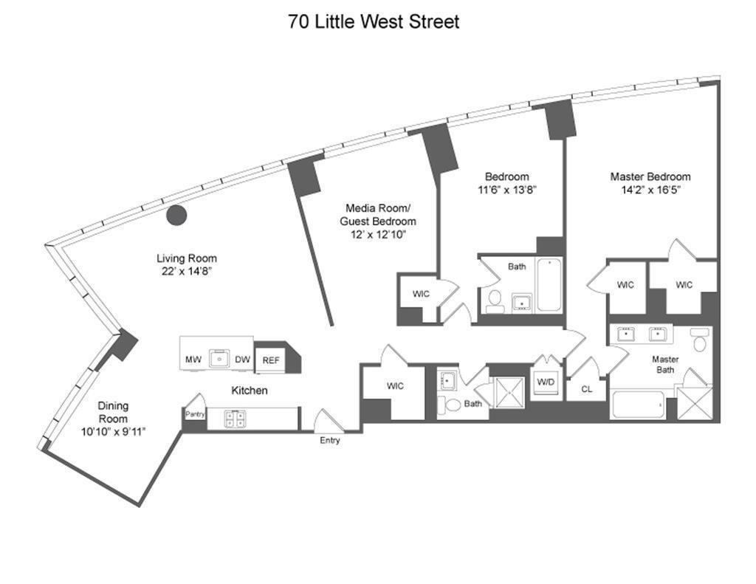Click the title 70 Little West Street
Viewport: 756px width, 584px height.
[x=374, y=21]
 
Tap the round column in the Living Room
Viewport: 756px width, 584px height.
[x=176, y=215]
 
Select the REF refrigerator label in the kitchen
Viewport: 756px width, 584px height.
[x=271, y=360]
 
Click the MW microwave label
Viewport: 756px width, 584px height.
[x=193, y=360]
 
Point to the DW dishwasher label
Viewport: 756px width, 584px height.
[x=242, y=360]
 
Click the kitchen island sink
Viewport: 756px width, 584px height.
[x=219, y=359]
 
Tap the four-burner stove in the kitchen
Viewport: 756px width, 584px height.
[x=235, y=418]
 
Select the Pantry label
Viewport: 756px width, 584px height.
[x=195, y=413]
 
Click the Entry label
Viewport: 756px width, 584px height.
[x=330, y=440]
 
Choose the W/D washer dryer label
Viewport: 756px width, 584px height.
[x=546, y=382]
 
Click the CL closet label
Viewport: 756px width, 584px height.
[x=586, y=389]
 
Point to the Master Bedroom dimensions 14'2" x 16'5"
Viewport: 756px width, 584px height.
[x=650, y=190]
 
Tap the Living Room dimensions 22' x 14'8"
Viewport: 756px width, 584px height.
[x=187, y=272]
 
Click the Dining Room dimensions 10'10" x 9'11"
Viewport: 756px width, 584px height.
[x=113, y=432]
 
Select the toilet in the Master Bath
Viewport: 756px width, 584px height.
[x=700, y=340]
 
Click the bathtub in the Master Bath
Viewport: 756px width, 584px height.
[x=637, y=405]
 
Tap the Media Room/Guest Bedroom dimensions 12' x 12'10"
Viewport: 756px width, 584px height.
[x=378, y=235]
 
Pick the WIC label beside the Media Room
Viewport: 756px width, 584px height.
[x=420, y=294]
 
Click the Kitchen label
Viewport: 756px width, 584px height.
[x=250, y=391]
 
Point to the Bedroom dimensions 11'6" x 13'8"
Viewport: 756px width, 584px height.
[x=507, y=190]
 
